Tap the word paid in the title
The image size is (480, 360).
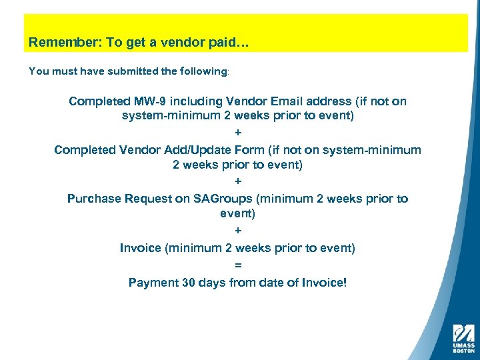(225, 43)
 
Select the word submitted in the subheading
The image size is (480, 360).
(119, 71)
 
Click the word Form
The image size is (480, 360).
(249, 150)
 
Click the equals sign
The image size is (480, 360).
(238, 265)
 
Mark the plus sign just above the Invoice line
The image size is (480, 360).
(238, 231)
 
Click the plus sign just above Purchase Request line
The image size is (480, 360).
(238, 181)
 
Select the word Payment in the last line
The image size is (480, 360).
(153, 283)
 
